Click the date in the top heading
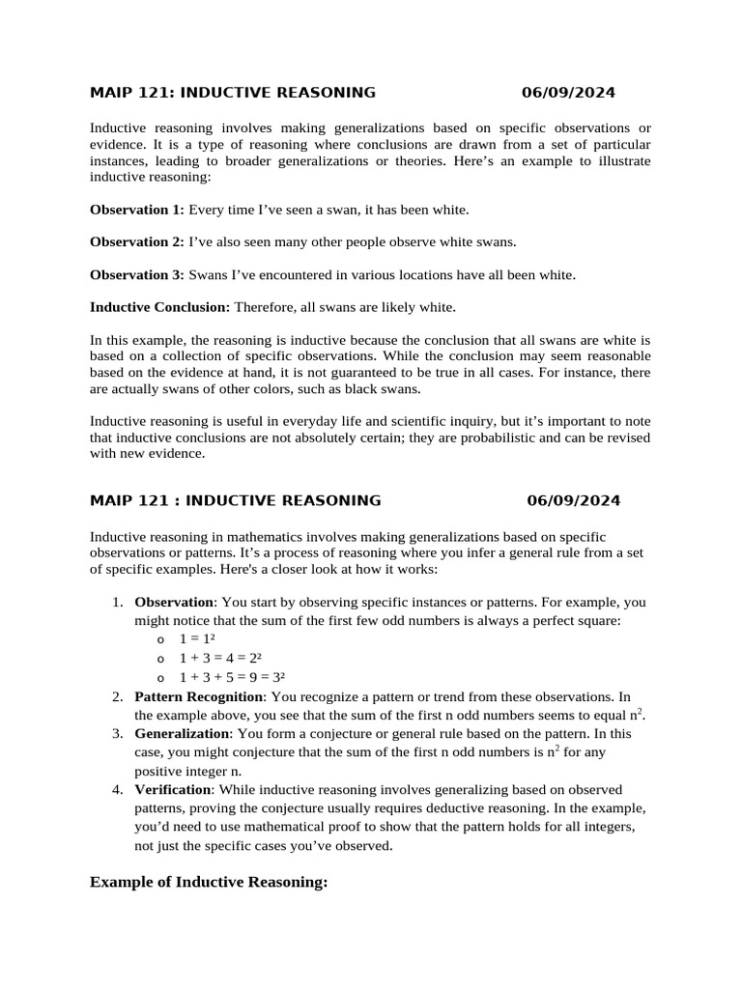(568, 93)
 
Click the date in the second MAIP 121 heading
(574, 500)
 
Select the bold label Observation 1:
(136, 210)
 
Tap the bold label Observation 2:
(136, 241)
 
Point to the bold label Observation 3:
(136, 274)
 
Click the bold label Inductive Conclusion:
(159, 307)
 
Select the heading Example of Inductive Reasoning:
(209, 882)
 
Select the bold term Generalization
(177, 734)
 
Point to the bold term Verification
(170, 790)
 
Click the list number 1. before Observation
(117, 603)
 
